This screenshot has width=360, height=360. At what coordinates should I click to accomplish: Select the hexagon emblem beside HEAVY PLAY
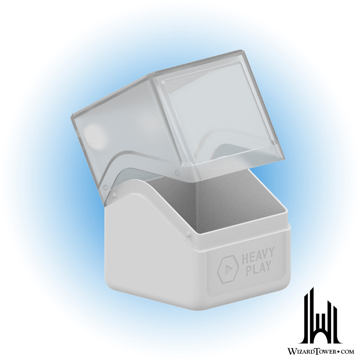coord(228,269)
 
